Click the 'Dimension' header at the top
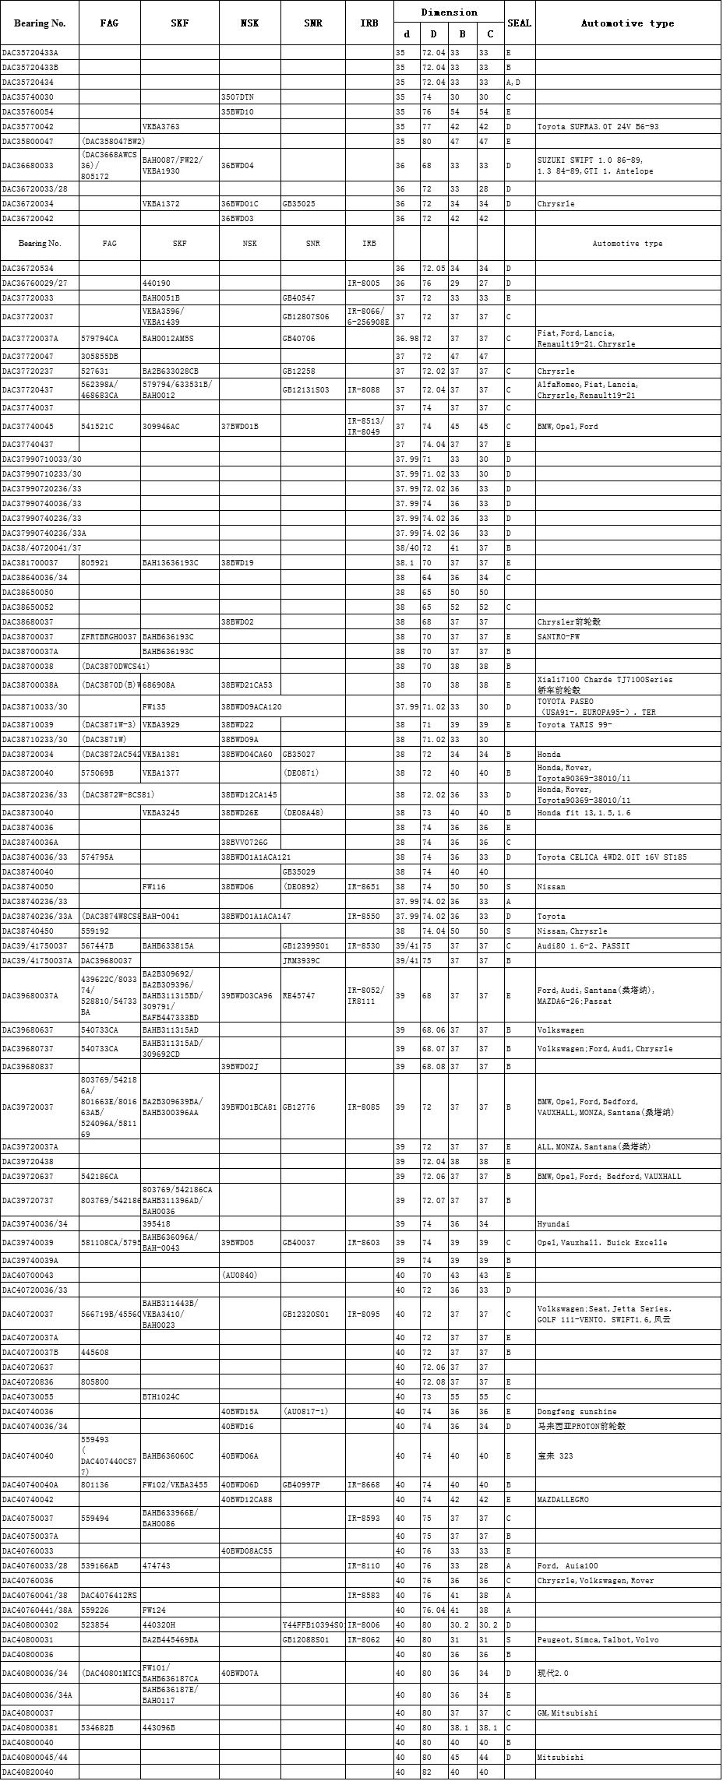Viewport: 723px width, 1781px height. (x=449, y=12)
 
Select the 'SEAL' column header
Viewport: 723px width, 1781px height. (x=519, y=23)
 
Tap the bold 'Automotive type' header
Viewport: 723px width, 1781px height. (x=627, y=23)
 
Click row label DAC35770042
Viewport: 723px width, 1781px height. (x=28, y=126)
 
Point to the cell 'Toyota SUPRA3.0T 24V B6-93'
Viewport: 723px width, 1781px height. (x=597, y=126)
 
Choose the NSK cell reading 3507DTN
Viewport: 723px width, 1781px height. (x=237, y=97)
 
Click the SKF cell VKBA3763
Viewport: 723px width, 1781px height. (x=160, y=126)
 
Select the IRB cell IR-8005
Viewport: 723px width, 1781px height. (x=364, y=283)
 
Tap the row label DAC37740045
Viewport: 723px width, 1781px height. (x=28, y=426)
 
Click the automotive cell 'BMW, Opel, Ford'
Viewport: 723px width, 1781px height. (x=567, y=426)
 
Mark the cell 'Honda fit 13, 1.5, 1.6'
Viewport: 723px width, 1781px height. (x=584, y=812)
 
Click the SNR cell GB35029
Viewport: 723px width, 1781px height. (x=299, y=871)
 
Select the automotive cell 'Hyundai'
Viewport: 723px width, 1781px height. (x=553, y=1223)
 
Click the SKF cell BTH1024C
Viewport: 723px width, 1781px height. (x=160, y=1396)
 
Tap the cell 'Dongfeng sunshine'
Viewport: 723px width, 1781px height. (x=577, y=1411)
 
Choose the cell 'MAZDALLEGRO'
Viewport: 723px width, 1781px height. (x=563, y=1499)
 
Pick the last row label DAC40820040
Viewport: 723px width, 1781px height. (x=28, y=1772)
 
